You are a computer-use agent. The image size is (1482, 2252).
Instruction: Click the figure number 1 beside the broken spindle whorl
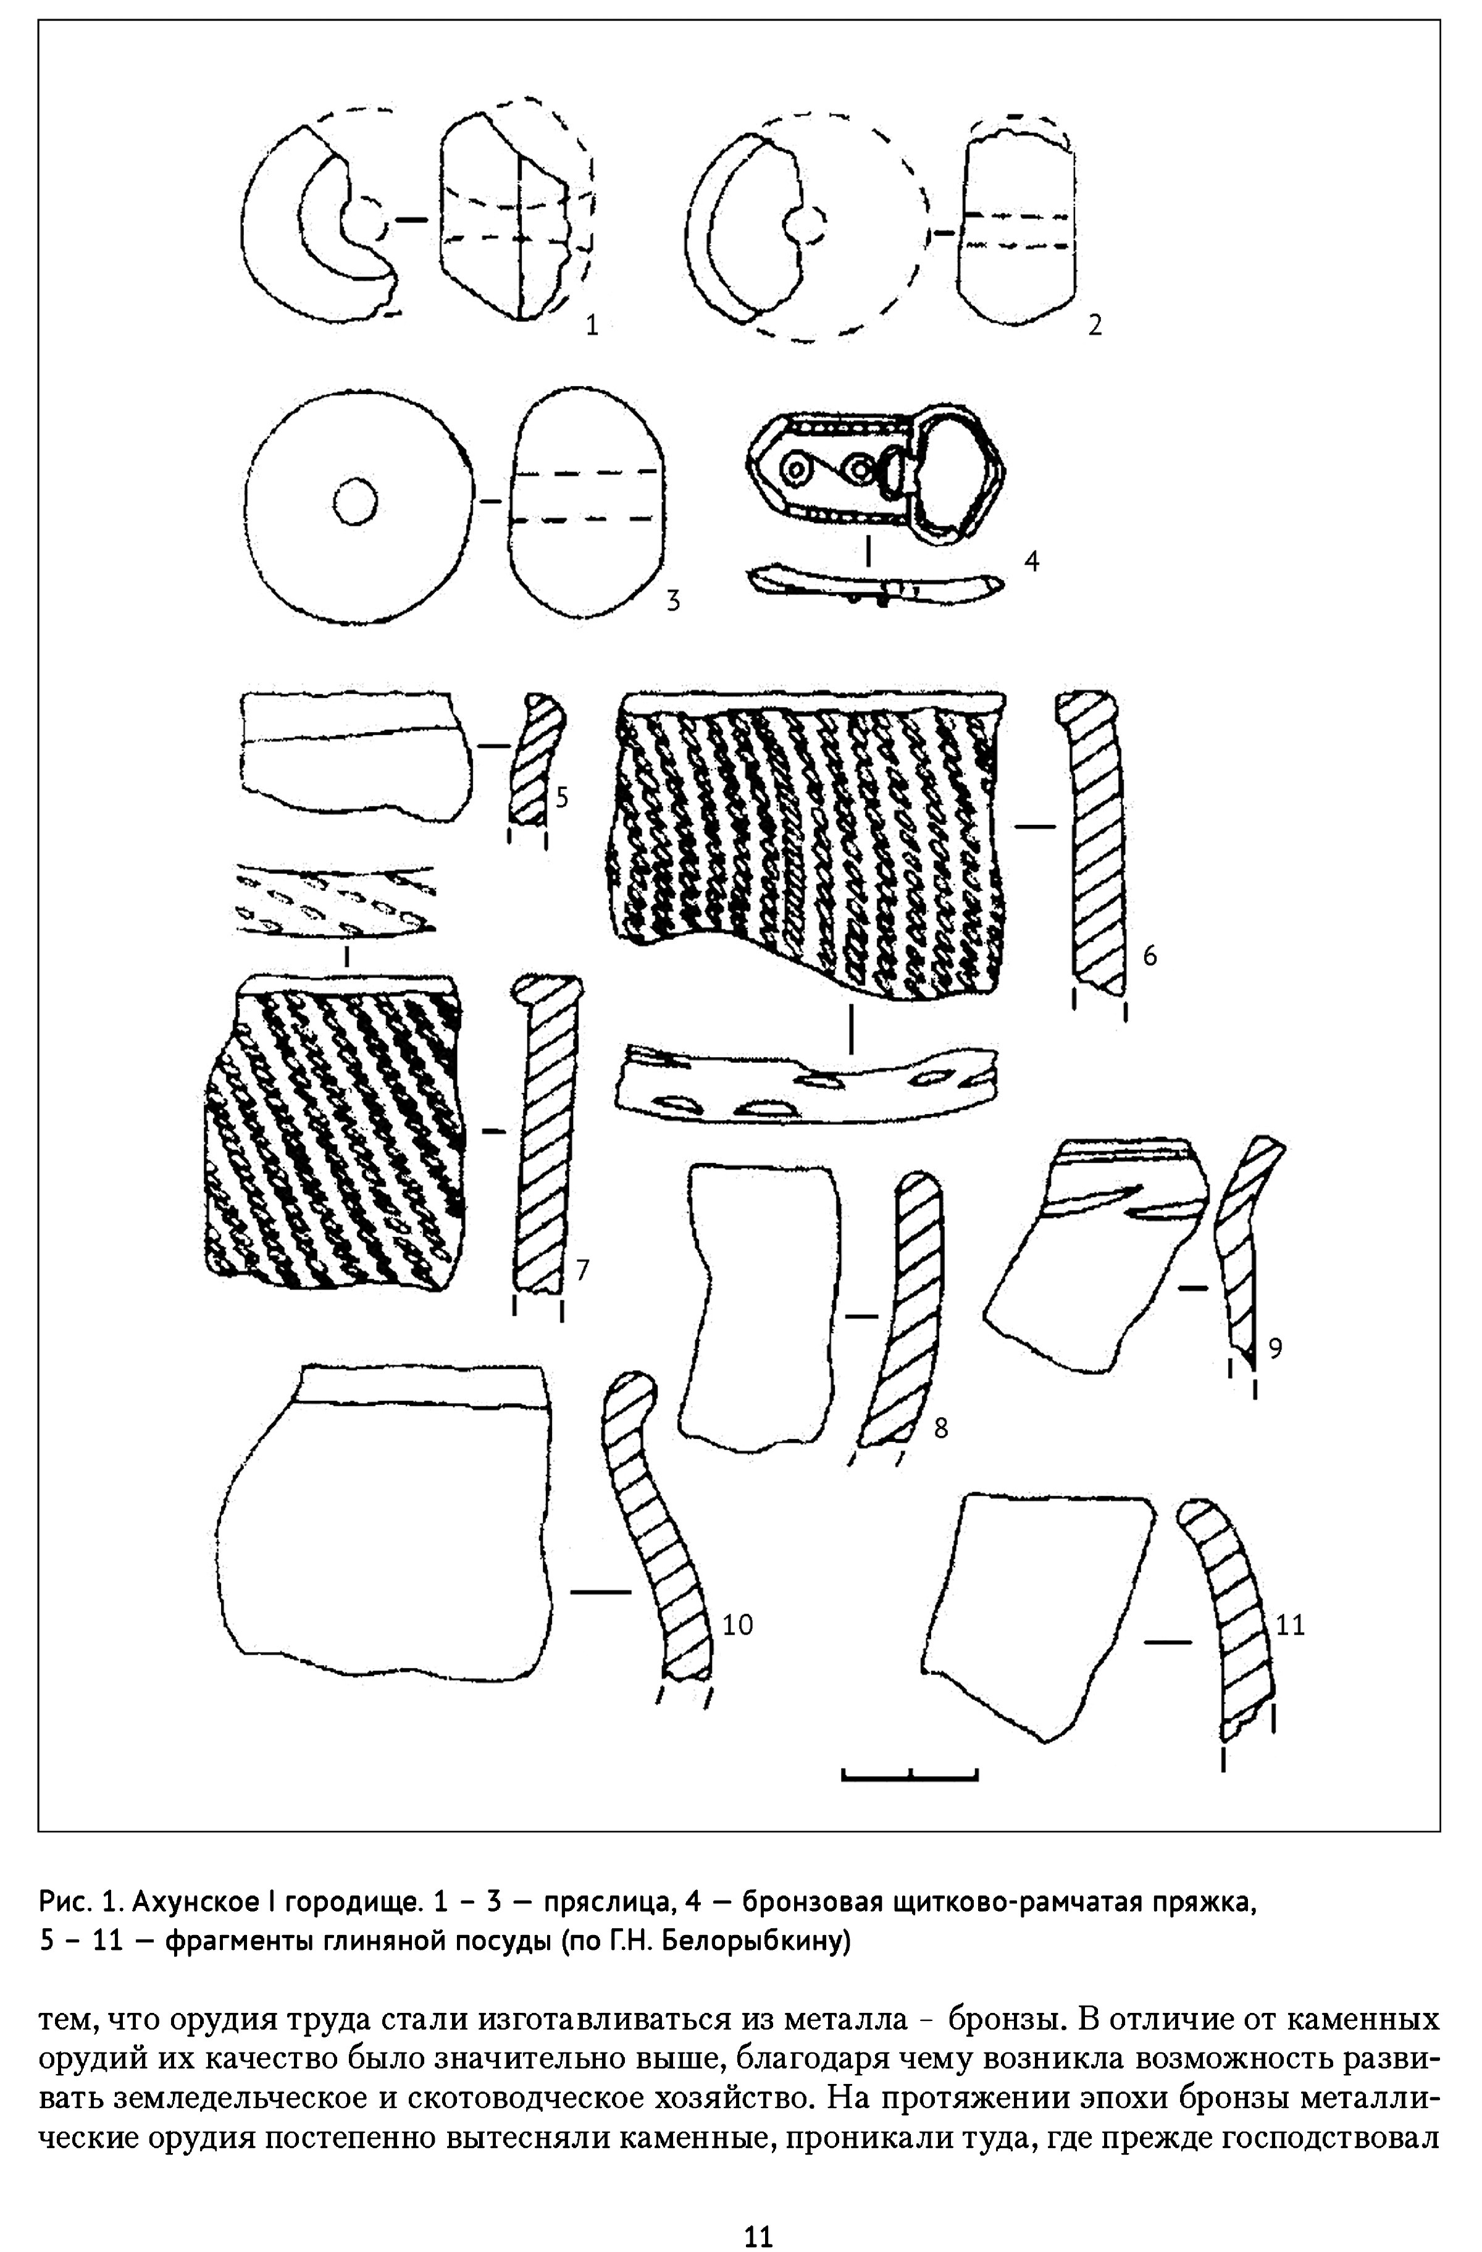(x=592, y=326)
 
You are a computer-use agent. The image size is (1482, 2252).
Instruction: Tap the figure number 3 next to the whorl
(x=673, y=601)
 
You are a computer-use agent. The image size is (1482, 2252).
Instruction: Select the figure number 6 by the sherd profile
(x=1150, y=956)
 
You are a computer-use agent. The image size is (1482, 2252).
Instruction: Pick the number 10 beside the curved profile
(x=738, y=1625)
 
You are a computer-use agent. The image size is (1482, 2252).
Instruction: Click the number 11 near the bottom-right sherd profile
(x=1291, y=1625)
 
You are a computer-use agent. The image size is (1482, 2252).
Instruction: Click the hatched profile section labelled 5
(x=536, y=759)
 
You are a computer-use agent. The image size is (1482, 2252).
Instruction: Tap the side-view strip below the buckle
(x=875, y=584)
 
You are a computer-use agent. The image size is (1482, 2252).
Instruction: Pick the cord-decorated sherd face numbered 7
(x=336, y=1132)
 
